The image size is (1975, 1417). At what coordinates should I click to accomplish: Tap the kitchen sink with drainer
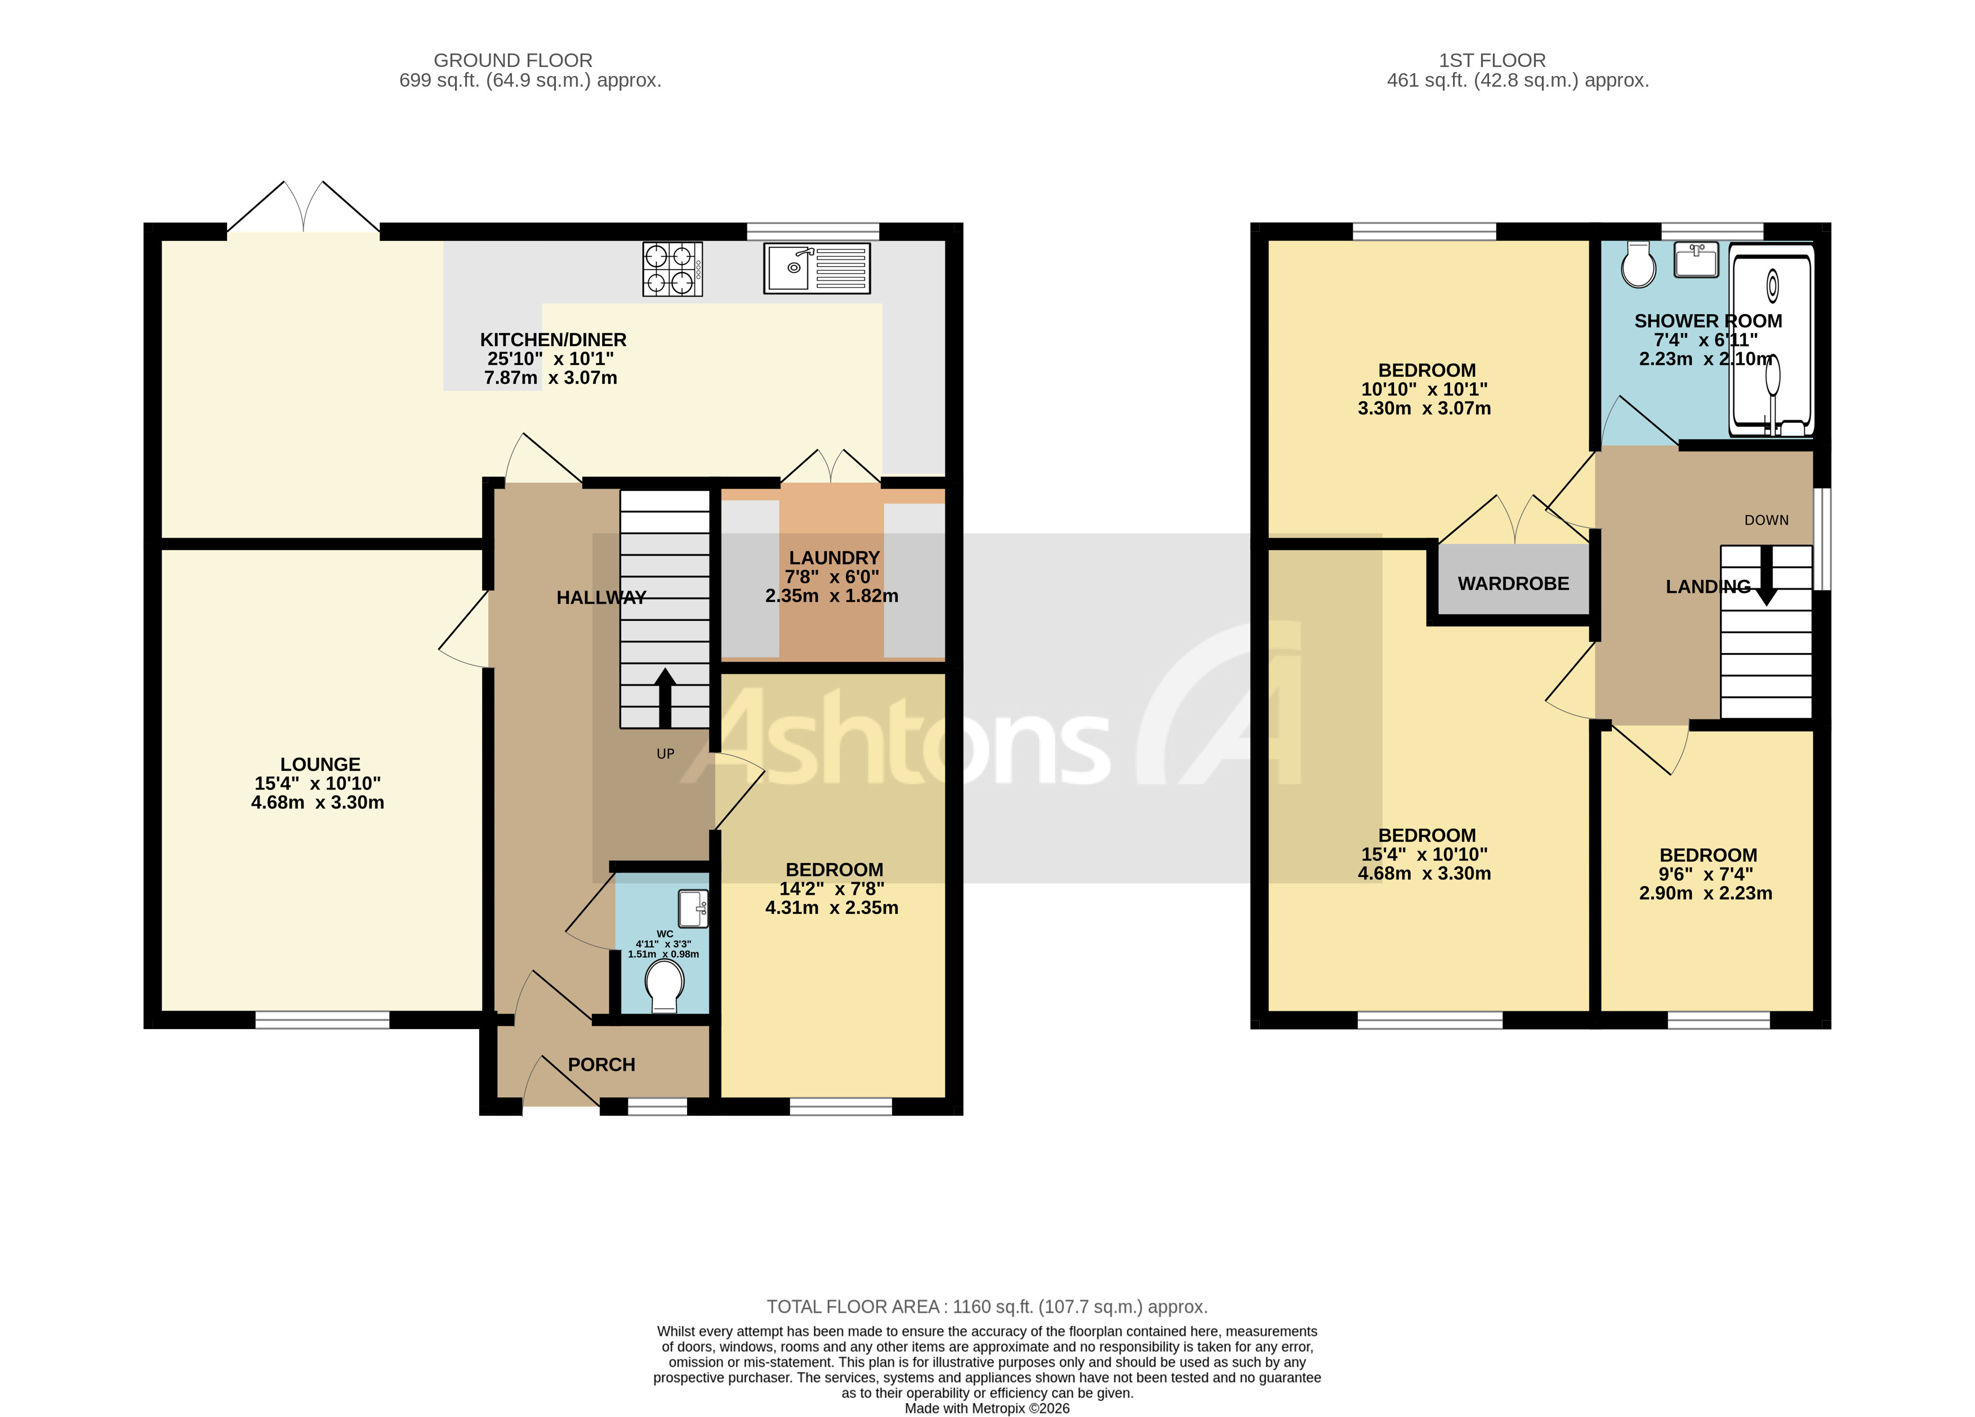click(816, 268)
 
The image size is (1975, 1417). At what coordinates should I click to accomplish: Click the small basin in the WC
click(693, 909)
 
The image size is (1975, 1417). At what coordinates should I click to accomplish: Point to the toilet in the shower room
click(1638, 265)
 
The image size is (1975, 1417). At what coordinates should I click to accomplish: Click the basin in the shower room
click(1696, 260)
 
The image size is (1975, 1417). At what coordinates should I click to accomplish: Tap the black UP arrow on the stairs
click(665, 696)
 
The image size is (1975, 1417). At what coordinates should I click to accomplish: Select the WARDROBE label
click(1513, 583)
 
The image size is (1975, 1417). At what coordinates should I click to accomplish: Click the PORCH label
click(601, 1065)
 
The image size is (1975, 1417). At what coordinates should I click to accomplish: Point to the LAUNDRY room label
click(833, 557)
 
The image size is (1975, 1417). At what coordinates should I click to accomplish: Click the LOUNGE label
click(319, 764)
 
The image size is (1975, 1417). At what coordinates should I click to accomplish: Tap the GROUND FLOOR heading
click(513, 60)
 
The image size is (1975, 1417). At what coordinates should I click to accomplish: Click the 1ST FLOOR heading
click(1492, 60)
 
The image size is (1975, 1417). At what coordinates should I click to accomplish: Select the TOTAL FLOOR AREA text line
click(987, 1307)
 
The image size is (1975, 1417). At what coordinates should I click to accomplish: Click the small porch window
click(657, 1106)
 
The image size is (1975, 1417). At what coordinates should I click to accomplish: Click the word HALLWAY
click(601, 597)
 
